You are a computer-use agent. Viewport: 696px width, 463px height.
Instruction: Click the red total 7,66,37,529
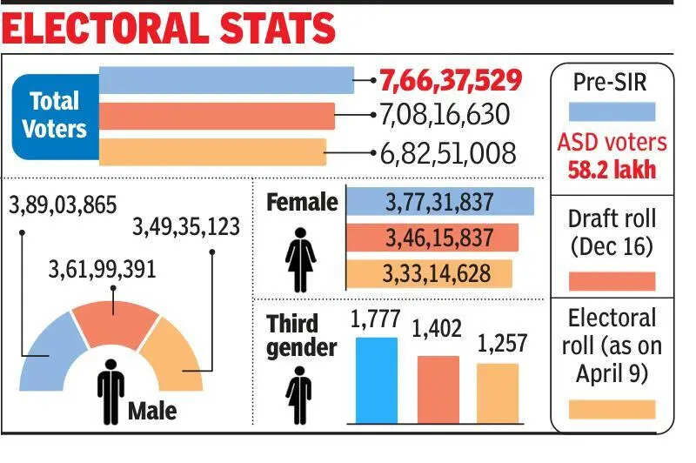click(450, 81)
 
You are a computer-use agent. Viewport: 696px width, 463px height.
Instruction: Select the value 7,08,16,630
click(445, 116)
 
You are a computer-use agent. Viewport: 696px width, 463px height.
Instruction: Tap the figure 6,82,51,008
click(448, 153)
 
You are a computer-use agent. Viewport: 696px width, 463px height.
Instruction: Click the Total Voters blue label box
click(54, 115)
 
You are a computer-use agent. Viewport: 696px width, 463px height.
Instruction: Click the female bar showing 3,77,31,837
click(439, 202)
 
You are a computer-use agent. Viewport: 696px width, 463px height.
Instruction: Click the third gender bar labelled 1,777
click(376, 379)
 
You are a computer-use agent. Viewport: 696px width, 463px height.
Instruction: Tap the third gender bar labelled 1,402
click(438, 389)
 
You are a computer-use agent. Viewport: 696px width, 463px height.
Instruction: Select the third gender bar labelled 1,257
click(497, 393)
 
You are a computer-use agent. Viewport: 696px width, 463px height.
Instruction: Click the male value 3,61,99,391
click(102, 269)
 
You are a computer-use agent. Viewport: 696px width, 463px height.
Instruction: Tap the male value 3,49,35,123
click(185, 229)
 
